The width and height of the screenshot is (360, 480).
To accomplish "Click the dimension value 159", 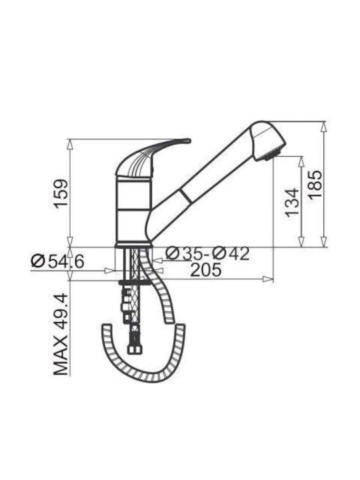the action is pyautogui.click(x=61, y=194).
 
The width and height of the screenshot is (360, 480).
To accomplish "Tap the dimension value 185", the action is pyautogui.click(x=315, y=185).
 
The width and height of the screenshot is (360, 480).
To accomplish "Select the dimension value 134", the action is pyautogui.click(x=292, y=203).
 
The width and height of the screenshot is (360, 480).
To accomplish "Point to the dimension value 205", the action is pyautogui.click(x=205, y=270).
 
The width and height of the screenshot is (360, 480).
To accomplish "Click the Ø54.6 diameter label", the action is pyautogui.click(x=57, y=261).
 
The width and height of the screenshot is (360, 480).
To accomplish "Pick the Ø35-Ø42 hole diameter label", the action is pyautogui.click(x=207, y=253).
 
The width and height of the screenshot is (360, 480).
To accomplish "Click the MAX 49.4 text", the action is pyautogui.click(x=61, y=334).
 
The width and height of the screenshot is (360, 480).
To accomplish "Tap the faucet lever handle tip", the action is pyautogui.click(x=188, y=141).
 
